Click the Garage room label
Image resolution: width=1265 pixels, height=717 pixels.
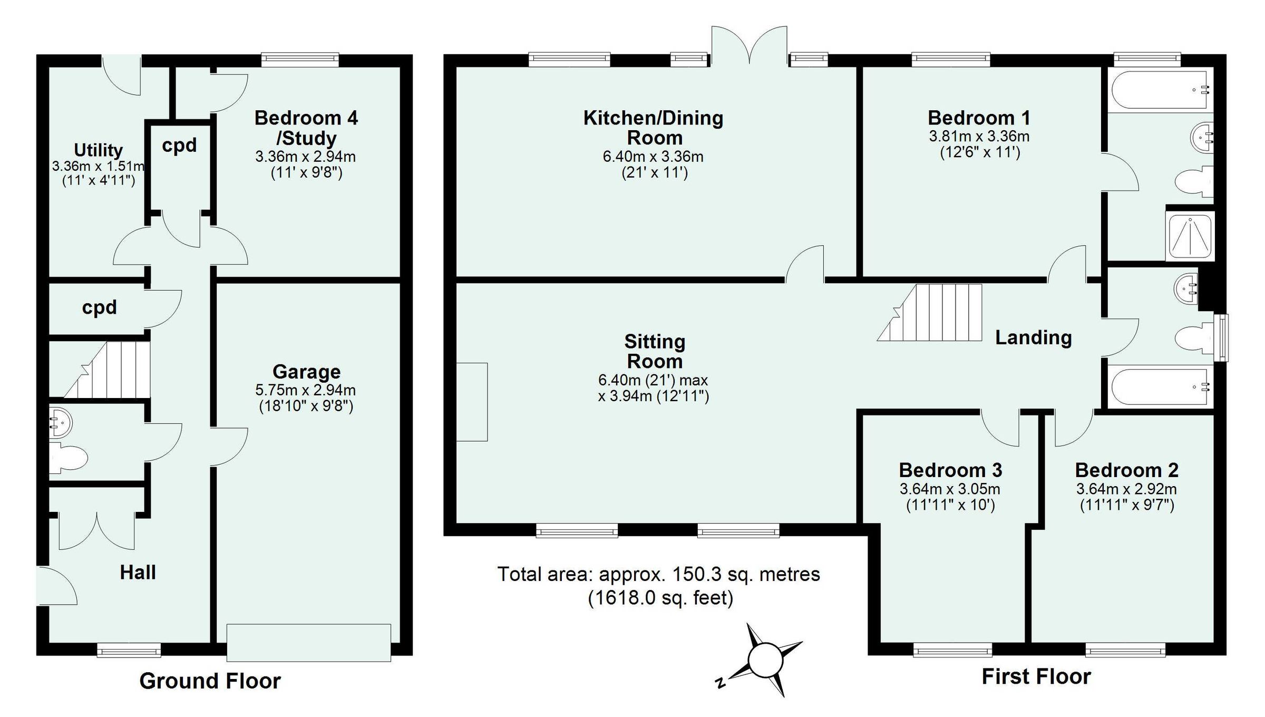(306, 372)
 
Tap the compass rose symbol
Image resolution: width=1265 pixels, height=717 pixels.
(764, 660)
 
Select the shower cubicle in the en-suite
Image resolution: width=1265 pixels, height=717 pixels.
(1190, 235)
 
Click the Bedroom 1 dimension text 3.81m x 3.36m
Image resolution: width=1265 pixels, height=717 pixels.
(979, 137)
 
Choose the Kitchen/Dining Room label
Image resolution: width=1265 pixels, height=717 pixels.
(654, 128)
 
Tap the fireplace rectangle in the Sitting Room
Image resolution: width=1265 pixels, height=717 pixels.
(472, 402)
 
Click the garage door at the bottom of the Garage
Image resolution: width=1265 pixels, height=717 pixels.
(309, 642)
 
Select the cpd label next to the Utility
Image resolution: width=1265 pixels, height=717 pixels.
(179, 145)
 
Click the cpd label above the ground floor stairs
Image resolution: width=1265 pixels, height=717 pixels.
(99, 307)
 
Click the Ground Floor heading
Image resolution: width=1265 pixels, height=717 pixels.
(210, 681)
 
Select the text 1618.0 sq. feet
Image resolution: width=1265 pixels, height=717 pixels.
(660, 598)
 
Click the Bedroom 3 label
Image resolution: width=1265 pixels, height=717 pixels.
(950, 470)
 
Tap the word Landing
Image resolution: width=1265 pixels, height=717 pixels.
(1033, 337)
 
